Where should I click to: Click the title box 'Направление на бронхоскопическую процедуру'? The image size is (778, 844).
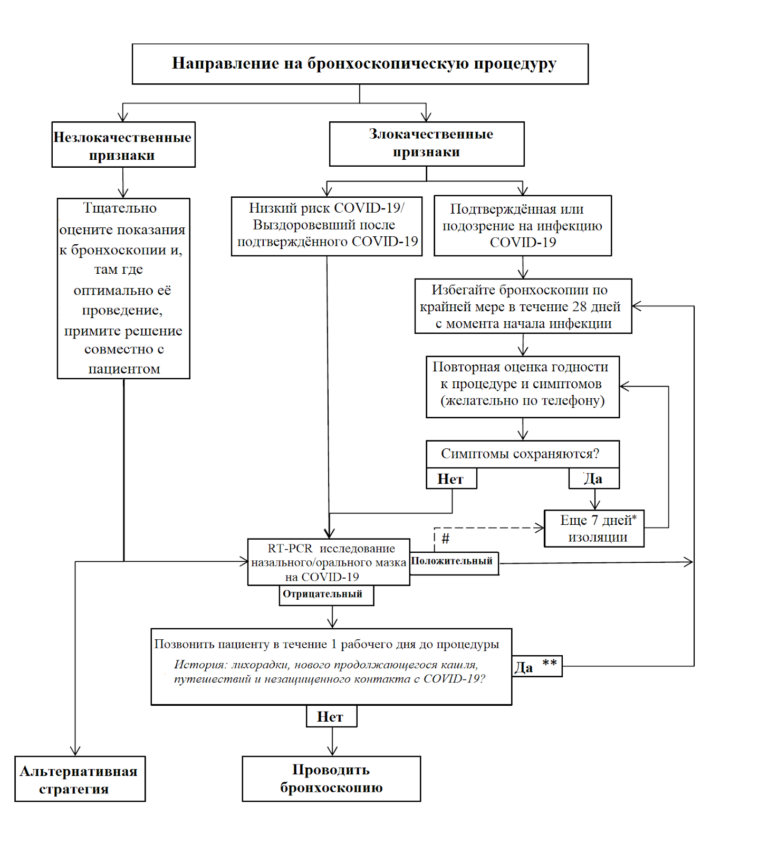(360, 64)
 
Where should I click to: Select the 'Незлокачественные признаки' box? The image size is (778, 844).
(123, 145)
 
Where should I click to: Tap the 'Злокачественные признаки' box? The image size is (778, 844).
(427, 144)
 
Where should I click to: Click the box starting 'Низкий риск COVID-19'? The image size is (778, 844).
(326, 226)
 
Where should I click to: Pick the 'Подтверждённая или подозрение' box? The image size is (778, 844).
(523, 226)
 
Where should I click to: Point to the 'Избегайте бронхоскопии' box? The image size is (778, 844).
(523, 306)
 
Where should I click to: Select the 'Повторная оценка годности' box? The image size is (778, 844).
(523, 387)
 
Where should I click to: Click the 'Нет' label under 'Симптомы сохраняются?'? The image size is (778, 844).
(452, 478)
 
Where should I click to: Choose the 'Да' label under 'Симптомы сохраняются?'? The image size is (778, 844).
(594, 478)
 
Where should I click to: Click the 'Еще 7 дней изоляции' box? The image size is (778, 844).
(594, 529)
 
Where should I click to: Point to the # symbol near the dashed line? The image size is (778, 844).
(446, 539)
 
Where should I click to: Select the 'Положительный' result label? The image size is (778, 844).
(454, 562)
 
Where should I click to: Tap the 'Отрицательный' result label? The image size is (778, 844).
(326, 595)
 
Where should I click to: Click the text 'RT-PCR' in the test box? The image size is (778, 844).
(290, 549)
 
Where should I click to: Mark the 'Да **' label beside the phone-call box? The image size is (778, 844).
(537, 666)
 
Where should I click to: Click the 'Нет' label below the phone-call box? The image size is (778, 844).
(332, 716)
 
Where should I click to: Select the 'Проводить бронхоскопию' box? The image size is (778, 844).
(332, 779)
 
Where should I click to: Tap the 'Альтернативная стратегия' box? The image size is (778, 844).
(80, 779)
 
